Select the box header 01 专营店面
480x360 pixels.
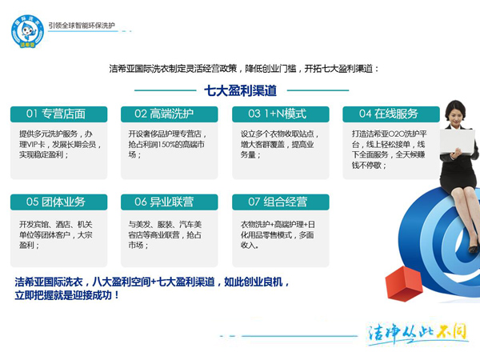56,114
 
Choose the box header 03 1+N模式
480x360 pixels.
277,114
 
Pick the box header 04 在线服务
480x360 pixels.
388,114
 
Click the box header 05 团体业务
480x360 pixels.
56,202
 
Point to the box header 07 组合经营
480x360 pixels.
277,202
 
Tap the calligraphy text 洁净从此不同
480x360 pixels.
416,332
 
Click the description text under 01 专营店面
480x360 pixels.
55,144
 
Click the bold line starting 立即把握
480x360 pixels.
67,294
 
